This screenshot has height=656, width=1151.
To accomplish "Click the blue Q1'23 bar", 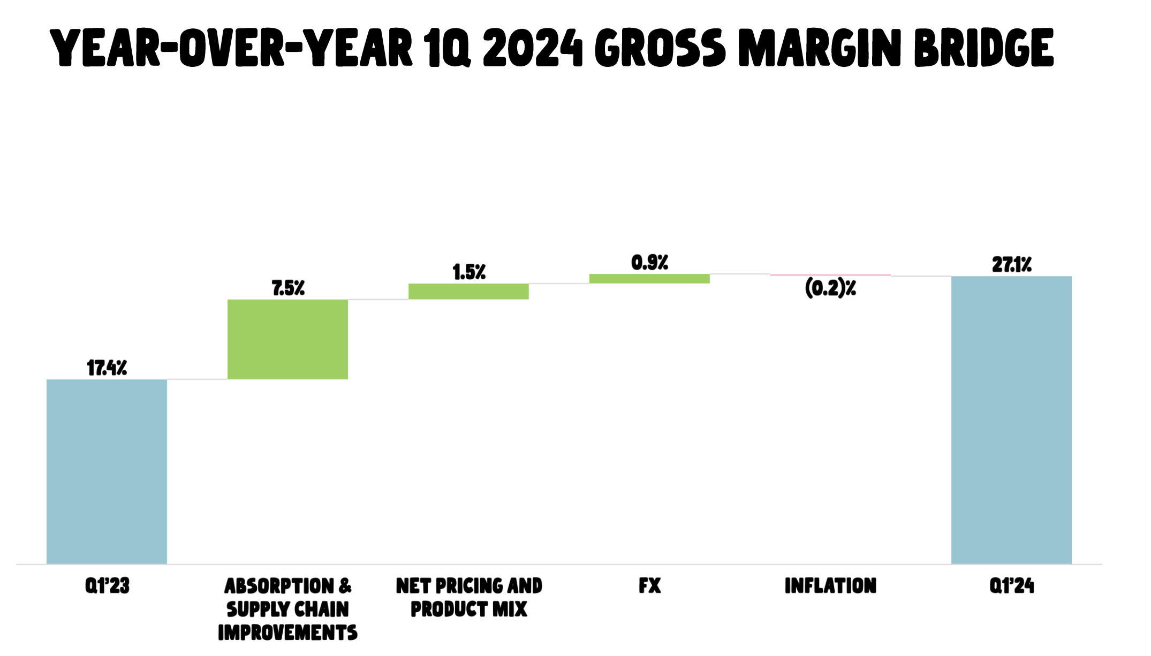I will tap(107, 471).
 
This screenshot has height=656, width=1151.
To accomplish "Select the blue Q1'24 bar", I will tap(1011, 419).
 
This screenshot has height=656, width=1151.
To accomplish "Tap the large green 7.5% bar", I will tap(287, 339).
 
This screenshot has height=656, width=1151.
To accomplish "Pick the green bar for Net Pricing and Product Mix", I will tap(468, 291).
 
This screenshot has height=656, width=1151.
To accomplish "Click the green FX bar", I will tap(649, 279).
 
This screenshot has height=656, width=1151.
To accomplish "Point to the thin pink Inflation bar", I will tap(830, 275).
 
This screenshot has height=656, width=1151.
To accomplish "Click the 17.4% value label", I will tap(107, 368).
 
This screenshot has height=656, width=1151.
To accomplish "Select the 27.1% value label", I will tap(1011, 264).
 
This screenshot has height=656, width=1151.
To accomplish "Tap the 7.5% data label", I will tap(288, 288).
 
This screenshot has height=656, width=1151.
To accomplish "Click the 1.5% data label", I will tap(469, 272).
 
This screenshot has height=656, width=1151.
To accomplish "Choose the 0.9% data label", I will tap(649, 263).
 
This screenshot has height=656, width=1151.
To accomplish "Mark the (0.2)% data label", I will tap(830, 288).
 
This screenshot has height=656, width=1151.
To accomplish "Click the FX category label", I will tap(649, 585).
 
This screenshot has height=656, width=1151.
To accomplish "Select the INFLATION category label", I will tap(830, 585).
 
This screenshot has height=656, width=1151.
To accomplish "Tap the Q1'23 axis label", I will tap(107, 585).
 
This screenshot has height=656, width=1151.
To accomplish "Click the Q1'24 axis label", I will tap(1011, 585).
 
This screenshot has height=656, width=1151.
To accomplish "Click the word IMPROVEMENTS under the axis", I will tap(287, 632).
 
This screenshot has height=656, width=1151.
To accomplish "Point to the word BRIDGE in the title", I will tap(984, 48).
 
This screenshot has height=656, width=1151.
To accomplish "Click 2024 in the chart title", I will tap(532, 48).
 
